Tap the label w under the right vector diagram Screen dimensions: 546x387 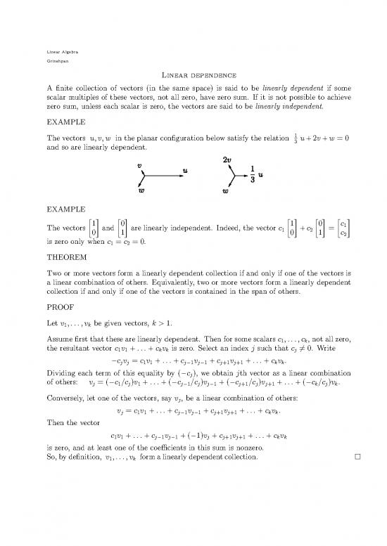[226, 190]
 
